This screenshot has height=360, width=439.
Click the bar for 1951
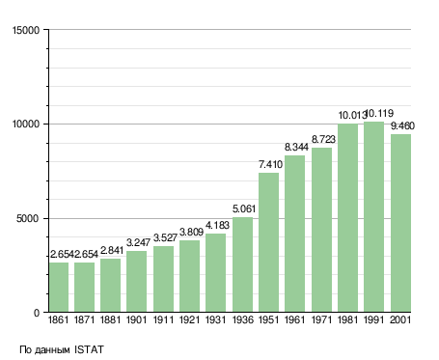268,242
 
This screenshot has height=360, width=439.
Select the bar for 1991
373,217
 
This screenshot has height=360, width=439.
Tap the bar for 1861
59,288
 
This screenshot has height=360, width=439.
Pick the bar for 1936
242,264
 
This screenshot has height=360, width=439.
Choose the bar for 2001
400,223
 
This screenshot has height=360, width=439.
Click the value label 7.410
270,164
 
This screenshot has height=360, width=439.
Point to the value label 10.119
380,113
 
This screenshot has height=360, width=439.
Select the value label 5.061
244,208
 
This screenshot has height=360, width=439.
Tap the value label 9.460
402,125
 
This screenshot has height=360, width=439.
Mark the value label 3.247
138,242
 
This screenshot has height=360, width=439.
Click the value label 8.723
323,139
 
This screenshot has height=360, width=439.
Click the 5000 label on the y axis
28,219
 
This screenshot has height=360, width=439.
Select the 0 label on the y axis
37,313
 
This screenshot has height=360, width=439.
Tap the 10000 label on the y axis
26,125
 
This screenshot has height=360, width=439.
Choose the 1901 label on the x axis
136,320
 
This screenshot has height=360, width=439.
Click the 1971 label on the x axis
321,320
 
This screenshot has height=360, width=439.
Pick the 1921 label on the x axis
189,320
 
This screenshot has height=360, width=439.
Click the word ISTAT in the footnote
89,349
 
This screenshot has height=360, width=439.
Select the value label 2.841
112,250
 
